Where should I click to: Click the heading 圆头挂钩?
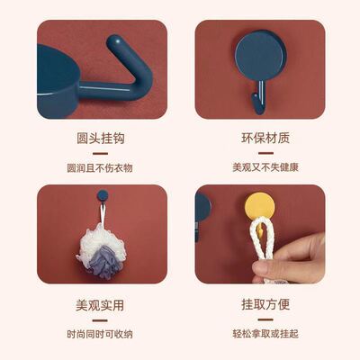pos(101,140)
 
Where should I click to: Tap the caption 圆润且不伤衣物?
pos(101,167)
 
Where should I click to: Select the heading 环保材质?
pos(259,140)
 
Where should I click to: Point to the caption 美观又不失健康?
pos(259,167)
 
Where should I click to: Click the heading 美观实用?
pos(101,305)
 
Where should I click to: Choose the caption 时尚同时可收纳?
pos(101,332)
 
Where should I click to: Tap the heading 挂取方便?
pos(259,305)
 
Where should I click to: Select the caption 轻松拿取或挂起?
pos(259,332)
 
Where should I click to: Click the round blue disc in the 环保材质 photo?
pos(259,53)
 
